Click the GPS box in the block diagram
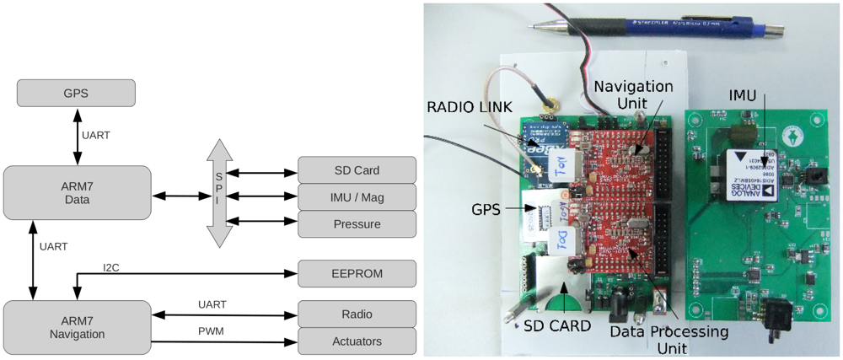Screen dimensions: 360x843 (x=76, y=93)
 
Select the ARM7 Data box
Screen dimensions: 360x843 (x=78, y=193)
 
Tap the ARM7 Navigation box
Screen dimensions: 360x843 (x=78, y=327)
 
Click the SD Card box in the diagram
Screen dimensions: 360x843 (x=357, y=170)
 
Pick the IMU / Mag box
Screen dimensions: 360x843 (x=357, y=197)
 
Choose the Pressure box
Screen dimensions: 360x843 (x=357, y=224)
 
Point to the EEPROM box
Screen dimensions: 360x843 (x=357, y=273)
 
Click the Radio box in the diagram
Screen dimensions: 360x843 (x=357, y=314)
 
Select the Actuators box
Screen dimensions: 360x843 (x=357, y=341)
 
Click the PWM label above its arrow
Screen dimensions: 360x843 (x=212, y=331)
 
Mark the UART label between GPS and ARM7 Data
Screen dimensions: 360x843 (x=96, y=135)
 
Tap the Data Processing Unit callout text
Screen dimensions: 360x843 (x=670, y=341)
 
